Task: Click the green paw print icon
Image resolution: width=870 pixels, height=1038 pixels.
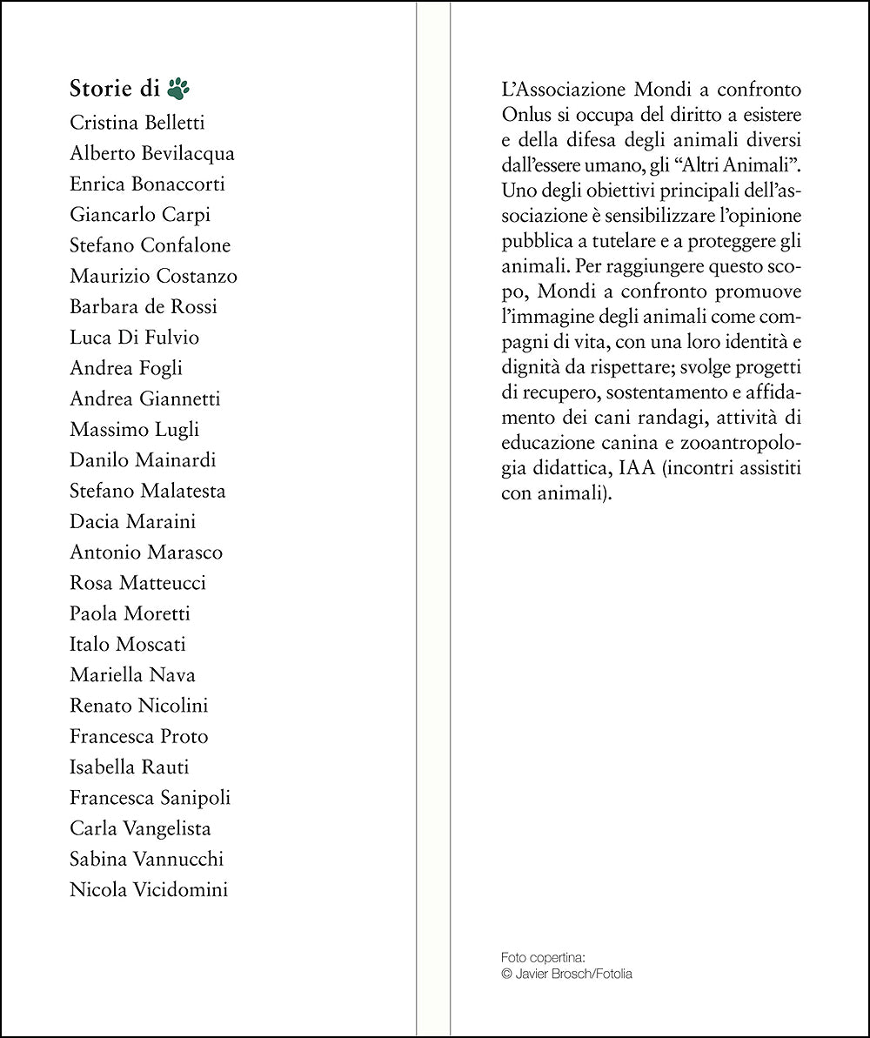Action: tap(178, 88)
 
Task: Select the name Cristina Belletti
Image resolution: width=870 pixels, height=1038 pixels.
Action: tap(137, 123)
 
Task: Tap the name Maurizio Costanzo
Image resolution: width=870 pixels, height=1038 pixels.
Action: tap(153, 276)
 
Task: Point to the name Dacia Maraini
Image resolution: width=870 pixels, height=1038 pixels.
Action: tap(133, 521)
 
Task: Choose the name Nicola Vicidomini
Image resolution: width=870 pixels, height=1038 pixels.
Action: tap(149, 889)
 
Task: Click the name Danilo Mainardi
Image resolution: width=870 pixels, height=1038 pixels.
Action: tap(143, 459)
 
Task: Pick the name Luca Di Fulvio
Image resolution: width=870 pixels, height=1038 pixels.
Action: tap(134, 337)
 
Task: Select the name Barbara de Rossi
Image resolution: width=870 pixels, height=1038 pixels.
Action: tap(144, 306)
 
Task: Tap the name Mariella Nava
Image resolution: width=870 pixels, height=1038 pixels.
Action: tap(132, 674)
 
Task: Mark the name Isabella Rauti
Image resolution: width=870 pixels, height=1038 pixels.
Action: tap(129, 767)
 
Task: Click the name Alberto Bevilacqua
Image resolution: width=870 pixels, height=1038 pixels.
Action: tap(152, 153)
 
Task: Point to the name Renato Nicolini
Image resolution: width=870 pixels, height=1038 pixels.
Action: tap(139, 705)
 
